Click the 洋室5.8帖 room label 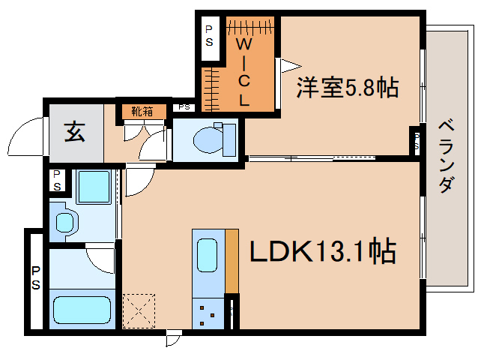click(x=347, y=88)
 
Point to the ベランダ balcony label click(x=445, y=155)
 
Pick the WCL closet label click(x=244, y=71)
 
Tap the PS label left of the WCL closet click(x=209, y=36)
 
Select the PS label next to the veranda click(x=417, y=142)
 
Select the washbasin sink click(x=65, y=222)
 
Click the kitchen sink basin click(x=208, y=256)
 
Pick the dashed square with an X click(x=139, y=309)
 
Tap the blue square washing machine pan click(x=94, y=188)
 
